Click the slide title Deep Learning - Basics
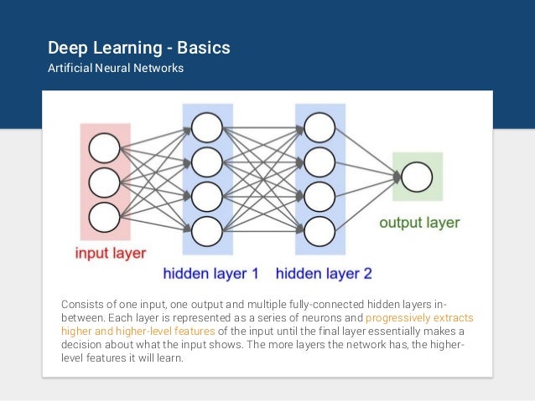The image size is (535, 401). [138, 48]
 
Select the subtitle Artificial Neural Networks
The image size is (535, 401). [116, 68]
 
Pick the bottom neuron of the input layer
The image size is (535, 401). [105, 217]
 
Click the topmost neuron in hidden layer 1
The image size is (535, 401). [207, 127]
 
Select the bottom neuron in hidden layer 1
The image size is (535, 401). [207, 228]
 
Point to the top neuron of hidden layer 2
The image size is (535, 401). [319, 127]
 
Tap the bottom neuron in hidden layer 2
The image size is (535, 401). [319, 228]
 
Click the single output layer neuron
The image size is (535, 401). [417, 177]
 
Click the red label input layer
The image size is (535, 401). [111, 253]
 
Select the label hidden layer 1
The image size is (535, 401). [210, 273]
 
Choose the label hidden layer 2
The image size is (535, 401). [323, 273]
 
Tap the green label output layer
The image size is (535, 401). [419, 223]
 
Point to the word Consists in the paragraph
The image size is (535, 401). [83, 301]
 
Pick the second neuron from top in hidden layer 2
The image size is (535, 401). [319, 161]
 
